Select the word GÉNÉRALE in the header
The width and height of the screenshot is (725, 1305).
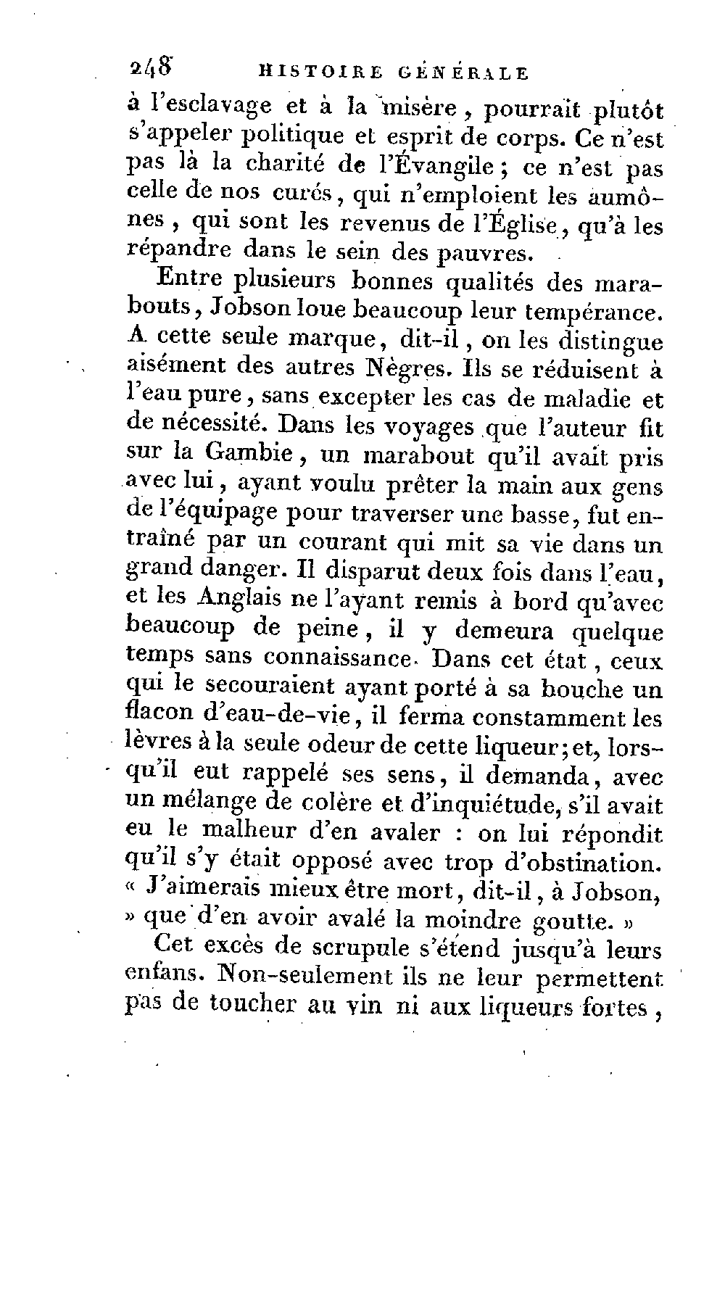pos(463,72)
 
